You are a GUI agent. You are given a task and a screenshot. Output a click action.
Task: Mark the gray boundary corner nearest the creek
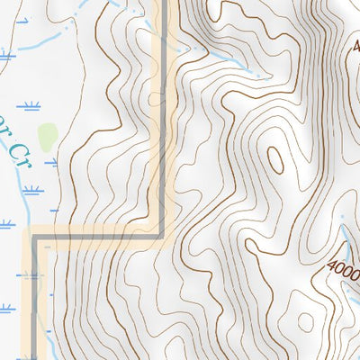tap(35, 240)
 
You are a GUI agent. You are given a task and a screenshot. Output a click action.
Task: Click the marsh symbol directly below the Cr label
tap(31, 192)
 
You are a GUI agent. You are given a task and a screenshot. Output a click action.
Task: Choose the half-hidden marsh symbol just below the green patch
tap(50, 163)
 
